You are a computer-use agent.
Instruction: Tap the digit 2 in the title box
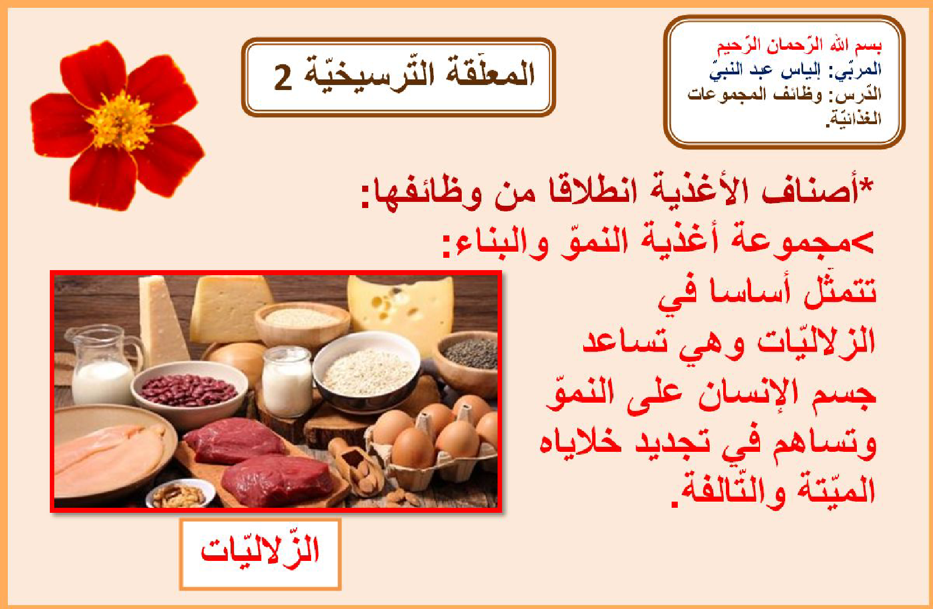tap(283, 78)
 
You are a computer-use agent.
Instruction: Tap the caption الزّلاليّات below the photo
tap(260, 551)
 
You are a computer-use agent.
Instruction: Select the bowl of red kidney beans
tap(189, 391)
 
